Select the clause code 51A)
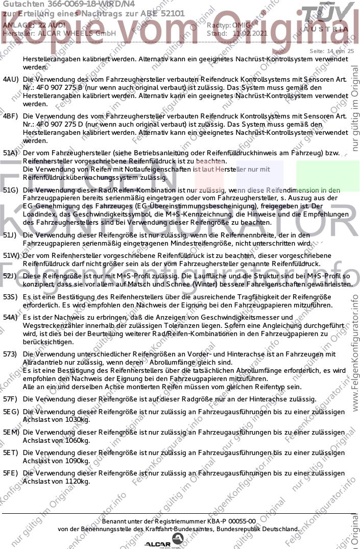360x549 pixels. tap(11, 153)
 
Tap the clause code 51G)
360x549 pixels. tap(11, 190)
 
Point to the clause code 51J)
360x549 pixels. tap(11, 235)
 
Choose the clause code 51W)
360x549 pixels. tap(11, 255)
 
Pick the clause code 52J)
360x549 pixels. tap(11, 276)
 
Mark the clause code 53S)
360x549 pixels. tap(11, 297)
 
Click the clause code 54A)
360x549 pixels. tap(11, 318)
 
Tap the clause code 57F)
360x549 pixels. tap(11, 399)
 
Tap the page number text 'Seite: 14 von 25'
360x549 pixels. tap(331, 52)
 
